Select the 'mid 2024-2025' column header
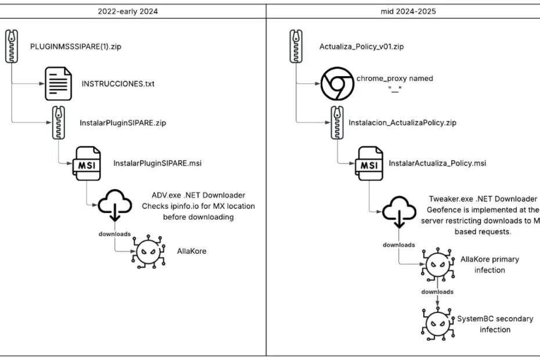coord(402,10)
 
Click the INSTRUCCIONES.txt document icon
coord(59,84)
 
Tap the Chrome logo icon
coord(337,84)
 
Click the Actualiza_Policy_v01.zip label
coord(361,46)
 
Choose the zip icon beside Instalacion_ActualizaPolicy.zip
coord(337,123)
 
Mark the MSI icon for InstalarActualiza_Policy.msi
coord(370,163)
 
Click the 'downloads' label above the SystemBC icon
coord(437,291)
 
